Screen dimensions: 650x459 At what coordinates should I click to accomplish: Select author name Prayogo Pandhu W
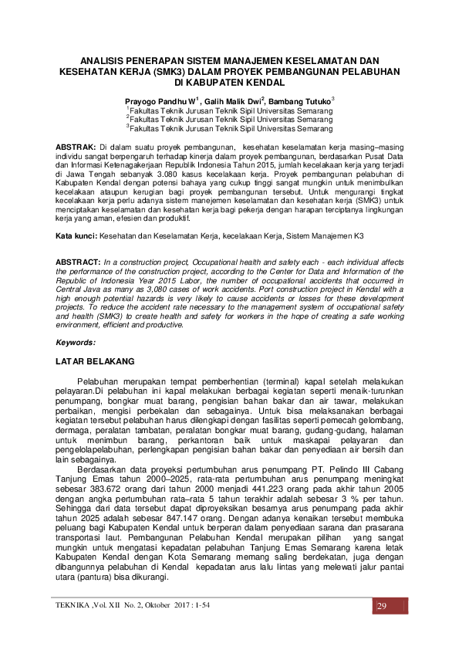[x=160, y=101]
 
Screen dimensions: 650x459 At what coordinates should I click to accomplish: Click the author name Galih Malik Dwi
[x=234, y=101]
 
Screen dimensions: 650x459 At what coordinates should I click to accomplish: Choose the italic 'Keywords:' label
[x=76, y=341]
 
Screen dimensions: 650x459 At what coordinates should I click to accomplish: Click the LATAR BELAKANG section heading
[x=96, y=361]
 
